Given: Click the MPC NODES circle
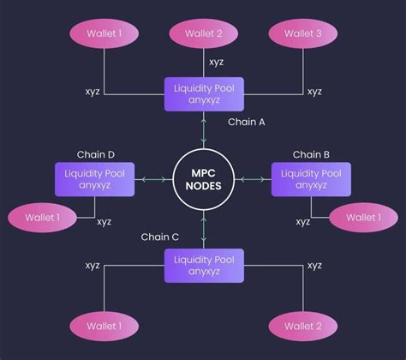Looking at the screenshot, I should pyautogui.click(x=204, y=180).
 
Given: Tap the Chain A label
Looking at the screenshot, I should pyautogui.click(x=246, y=123).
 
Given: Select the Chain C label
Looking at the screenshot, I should pyautogui.click(x=160, y=237).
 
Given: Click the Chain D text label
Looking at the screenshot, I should pyautogui.click(x=96, y=154).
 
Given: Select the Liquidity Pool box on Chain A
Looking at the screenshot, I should pyautogui.click(x=204, y=93).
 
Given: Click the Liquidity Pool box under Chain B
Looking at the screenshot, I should pyautogui.click(x=312, y=180).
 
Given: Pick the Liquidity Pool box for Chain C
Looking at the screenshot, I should pyautogui.click(x=204, y=266).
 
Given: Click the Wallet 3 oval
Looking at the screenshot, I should pyautogui.click(x=304, y=34).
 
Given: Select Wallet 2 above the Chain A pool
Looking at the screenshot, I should pyautogui.click(x=204, y=34).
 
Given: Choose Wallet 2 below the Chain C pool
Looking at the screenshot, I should pyautogui.click(x=304, y=326).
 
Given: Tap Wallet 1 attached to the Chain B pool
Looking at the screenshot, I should pyautogui.click(x=363, y=218).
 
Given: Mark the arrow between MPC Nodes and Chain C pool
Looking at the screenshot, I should pyautogui.click(x=204, y=229).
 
